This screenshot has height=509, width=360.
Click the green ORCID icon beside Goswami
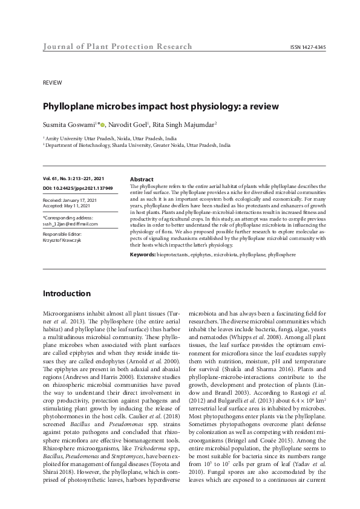pyautogui.click(x=102, y=125)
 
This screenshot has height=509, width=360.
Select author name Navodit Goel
pyautogui.click(x=134, y=125)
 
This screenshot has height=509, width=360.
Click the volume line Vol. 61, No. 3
pyautogui.click(x=73, y=179)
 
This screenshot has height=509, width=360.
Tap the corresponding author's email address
pyautogui.click(x=70, y=223)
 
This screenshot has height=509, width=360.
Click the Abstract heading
pyautogui.click(x=143, y=180)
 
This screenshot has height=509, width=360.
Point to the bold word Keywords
pyautogui.click(x=142, y=255)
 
